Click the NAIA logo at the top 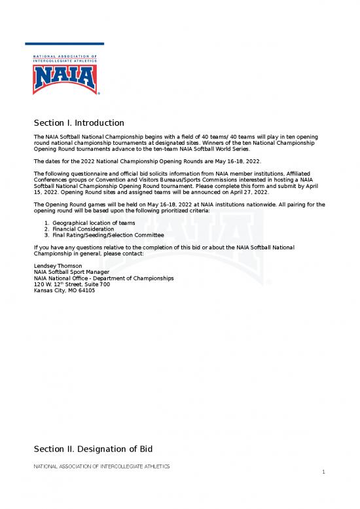[x=65, y=75]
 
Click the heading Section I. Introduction [x=79, y=123]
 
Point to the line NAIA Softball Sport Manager [x=71, y=271]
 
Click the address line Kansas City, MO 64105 [x=64, y=290]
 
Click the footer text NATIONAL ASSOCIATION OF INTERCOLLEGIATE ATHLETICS [x=101, y=466]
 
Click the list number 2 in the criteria [x=46, y=229]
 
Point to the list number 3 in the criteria [x=46, y=235]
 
